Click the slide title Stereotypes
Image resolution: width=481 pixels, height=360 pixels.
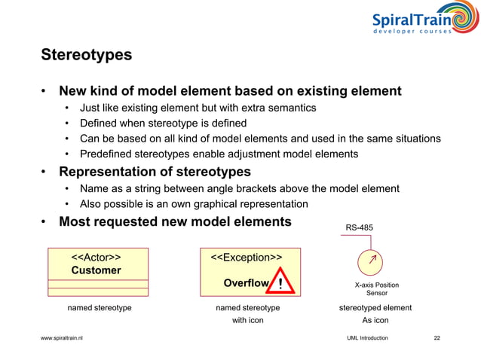tap(86, 55)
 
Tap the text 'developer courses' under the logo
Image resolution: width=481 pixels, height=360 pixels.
tap(413, 32)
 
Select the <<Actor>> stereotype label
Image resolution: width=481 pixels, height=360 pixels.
tap(96, 257)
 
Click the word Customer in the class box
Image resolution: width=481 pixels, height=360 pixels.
tap(96, 270)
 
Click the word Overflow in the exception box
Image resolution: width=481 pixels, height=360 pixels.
tap(246, 283)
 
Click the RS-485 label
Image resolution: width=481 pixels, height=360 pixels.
tap(359, 226)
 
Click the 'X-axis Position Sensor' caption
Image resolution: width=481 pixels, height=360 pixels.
tap(376, 289)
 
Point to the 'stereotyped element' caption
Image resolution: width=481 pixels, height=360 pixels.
tap(376, 307)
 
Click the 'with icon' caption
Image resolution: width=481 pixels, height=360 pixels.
tap(247, 320)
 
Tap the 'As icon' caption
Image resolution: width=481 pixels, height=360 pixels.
tap(375, 320)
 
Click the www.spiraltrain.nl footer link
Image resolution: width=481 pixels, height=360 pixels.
tap(62, 338)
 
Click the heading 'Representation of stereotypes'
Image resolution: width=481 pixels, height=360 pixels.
tap(155, 171)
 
